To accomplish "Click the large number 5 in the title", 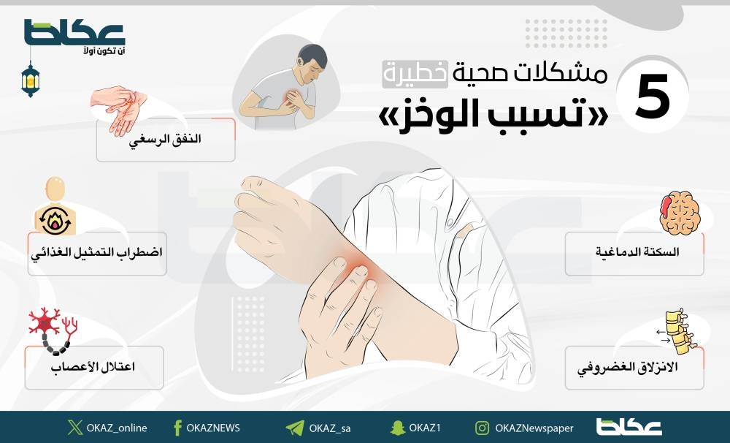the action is [652, 98].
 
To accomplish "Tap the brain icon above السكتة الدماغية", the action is [680, 212].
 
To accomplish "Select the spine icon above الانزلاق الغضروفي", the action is [679, 333].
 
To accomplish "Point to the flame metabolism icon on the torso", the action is [55, 221].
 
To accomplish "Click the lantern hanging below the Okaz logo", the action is [31, 79].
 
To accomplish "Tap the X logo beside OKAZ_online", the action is [75, 427].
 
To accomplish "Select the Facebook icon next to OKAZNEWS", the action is [177, 428].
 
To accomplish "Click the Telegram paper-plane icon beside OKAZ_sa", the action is [295, 428].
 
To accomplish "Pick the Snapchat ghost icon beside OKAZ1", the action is [398, 428].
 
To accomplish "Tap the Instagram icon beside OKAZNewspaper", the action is [483, 428].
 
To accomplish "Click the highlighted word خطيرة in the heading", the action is [415, 75].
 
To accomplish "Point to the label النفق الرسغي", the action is [165, 140].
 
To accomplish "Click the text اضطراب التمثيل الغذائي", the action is [97, 253].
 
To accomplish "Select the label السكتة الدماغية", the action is [637, 251].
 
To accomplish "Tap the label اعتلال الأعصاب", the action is [93, 366].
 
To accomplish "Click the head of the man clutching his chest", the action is [312, 63].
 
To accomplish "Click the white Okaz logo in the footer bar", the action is [629, 427].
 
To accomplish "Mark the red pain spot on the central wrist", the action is [358, 269].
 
